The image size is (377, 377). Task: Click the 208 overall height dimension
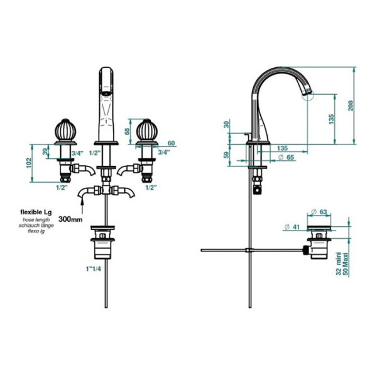[351, 106]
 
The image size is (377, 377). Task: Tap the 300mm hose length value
[70, 219]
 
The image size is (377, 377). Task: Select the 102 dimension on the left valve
[29, 163]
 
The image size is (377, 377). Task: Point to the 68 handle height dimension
[127, 131]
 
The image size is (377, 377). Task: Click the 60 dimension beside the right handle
[171, 143]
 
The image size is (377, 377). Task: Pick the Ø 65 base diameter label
[286, 157]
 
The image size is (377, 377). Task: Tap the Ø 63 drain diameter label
[319, 212]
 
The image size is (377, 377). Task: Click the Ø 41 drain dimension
[292, 227]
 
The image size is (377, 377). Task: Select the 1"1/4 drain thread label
[94, 269]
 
